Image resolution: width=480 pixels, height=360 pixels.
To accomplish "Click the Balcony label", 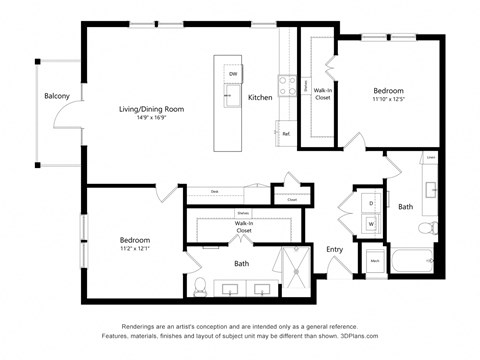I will coord(56,96).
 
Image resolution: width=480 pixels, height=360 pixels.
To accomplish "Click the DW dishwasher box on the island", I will coord(232,74).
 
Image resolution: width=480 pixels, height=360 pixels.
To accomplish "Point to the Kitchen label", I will coord(261,97).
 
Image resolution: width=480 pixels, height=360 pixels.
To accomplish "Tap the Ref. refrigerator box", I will coord(285,133).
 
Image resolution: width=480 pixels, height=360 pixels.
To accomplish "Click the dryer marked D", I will coord(371,203).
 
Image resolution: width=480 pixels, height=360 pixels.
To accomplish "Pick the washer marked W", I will coord(371,223).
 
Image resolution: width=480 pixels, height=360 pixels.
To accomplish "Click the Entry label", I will coord(334,249).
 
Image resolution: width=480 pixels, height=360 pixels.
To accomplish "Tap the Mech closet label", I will coord(375,261).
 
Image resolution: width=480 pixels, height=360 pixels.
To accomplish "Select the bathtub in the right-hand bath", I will coord(412,263).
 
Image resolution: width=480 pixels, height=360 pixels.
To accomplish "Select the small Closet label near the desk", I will coord(292,199).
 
